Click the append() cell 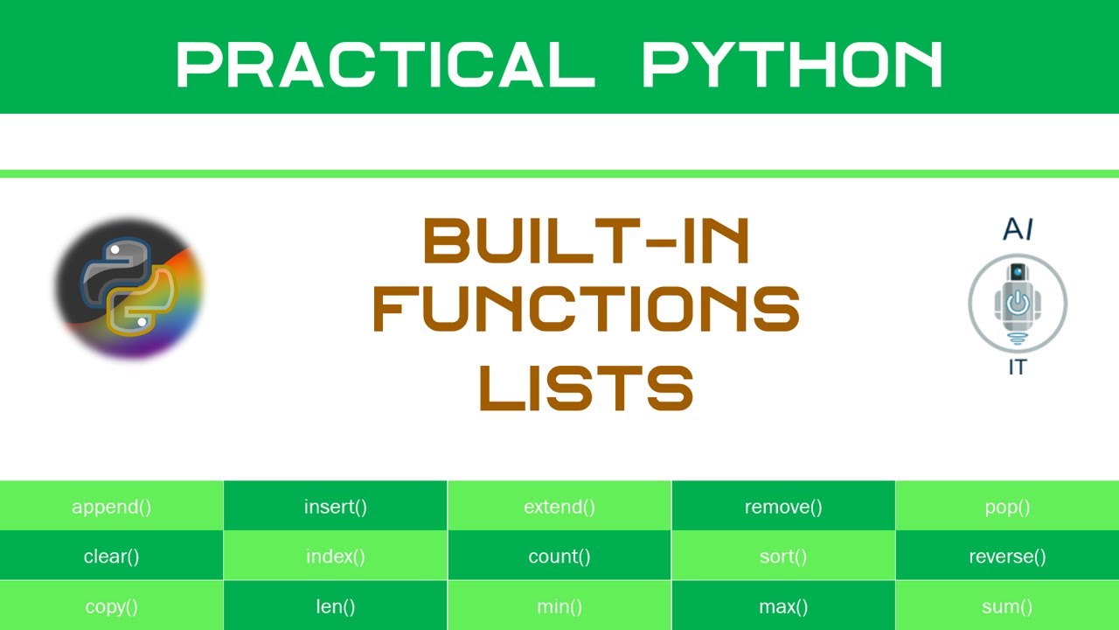(x=111, y=507)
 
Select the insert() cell (x=336, y=507)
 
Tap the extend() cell (x=559, y=507)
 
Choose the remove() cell (x=783, y=507)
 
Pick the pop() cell (x=1007, y=507)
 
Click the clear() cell (x=111, y=556)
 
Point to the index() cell (x=336, y=556)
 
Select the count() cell (x=559, y=556)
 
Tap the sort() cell (x=783, y=556)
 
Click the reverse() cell (x=1007, y=556)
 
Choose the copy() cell (x=111, y=606)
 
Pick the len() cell (x=336, y=606)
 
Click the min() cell (x=559, y=606)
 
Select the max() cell (x=783, y=606)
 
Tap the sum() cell (x=1007, y=606)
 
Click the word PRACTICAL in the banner (x=386, y=65)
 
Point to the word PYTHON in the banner (x=792, y=65)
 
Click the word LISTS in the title (x=586, y=388)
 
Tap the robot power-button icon (x=1018, y=303)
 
